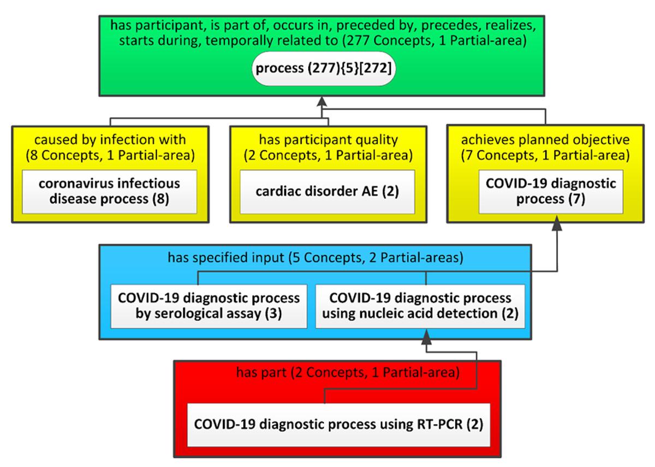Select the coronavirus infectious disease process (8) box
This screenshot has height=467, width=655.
click(109, 192)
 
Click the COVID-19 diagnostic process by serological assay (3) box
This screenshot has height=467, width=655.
click(209, 306)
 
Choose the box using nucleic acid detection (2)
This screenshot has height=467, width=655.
click(420, 306)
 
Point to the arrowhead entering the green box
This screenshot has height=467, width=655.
click(322, 102)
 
